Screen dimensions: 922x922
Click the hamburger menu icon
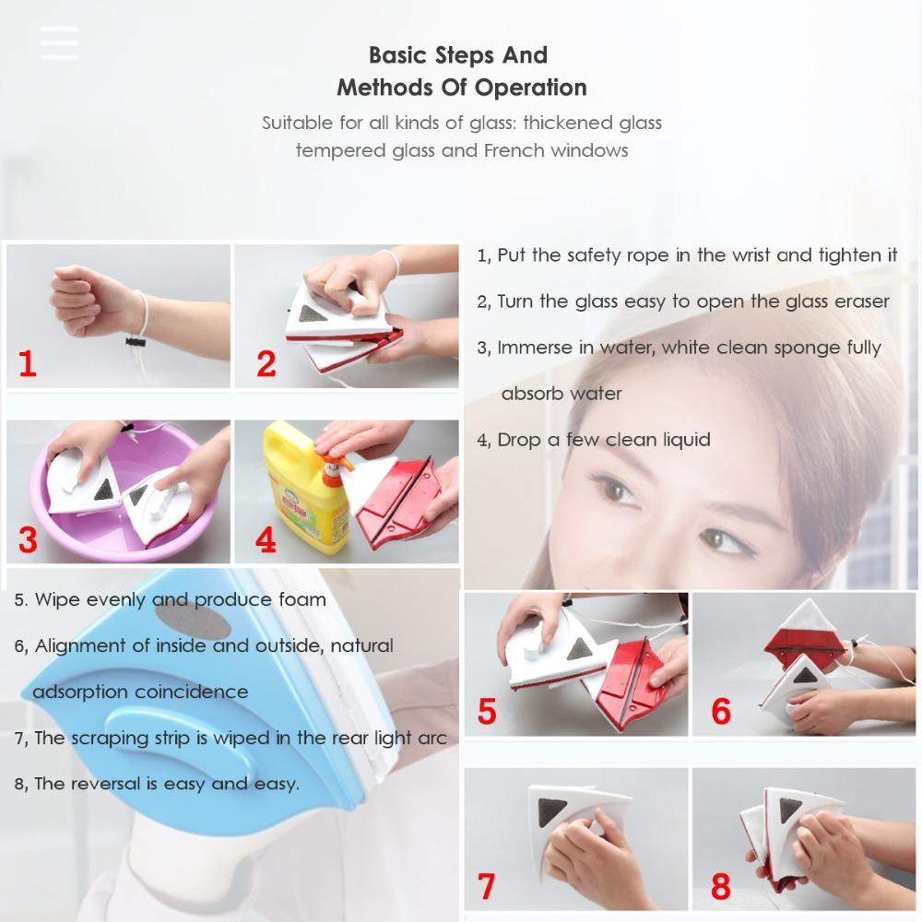(59, 42)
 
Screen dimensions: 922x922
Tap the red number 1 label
(27, 363)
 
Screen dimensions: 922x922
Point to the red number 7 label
(487, 885)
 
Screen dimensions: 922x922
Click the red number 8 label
(720, 886)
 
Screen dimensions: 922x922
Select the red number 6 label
(721, 712)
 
